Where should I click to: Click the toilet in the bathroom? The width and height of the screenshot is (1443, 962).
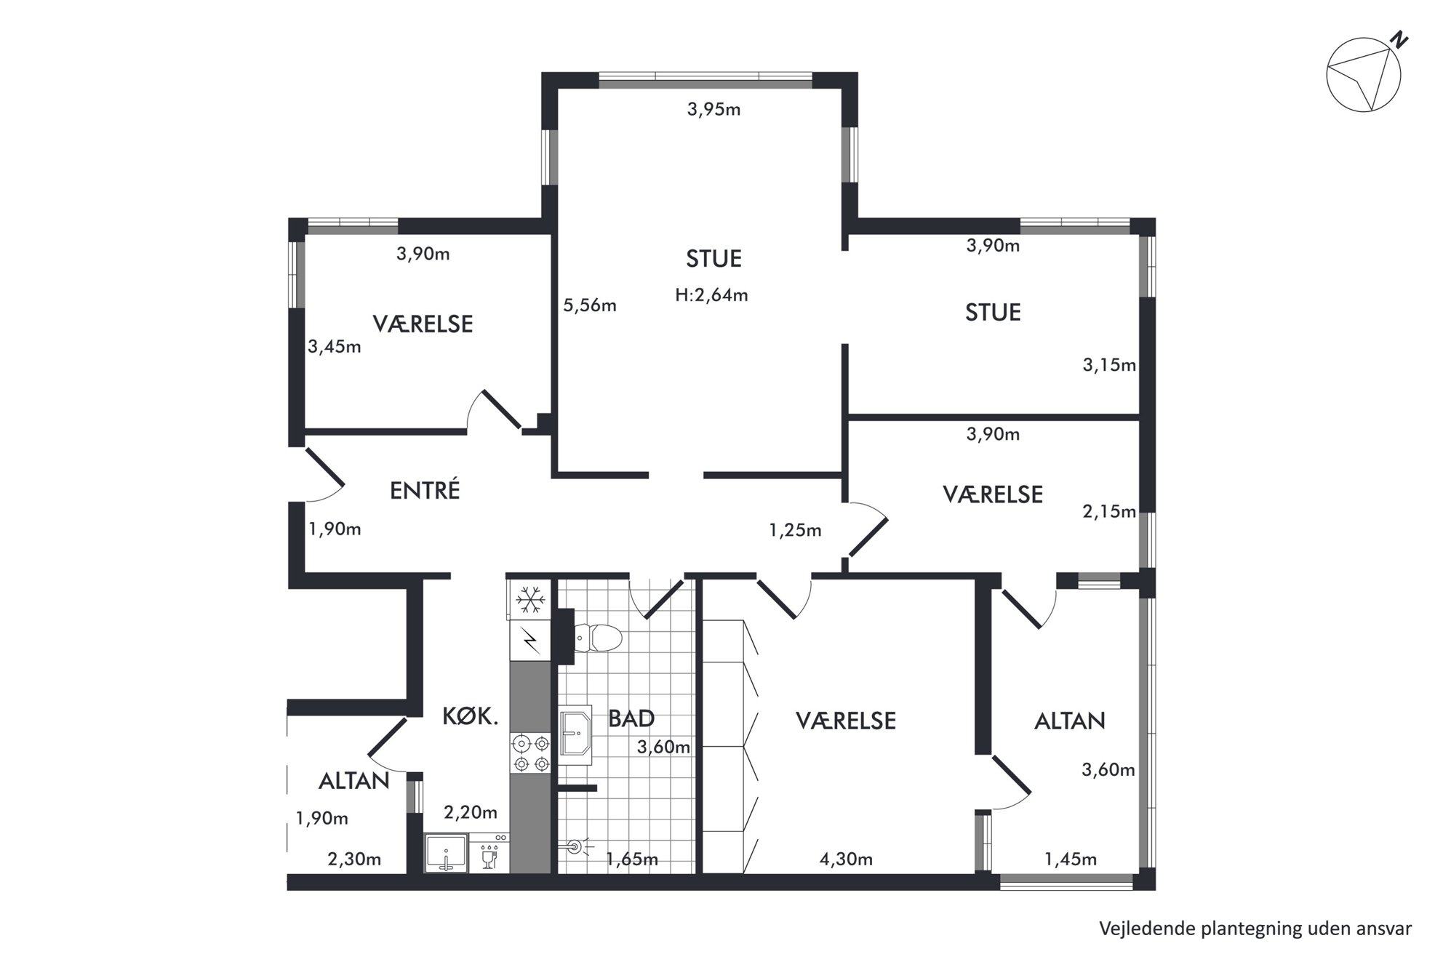click(598, 638)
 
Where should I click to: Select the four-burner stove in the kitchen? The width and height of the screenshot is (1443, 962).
click(531, 753)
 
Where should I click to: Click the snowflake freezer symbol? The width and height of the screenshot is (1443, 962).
click(530, 600)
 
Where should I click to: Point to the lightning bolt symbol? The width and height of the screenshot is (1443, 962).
click(531, 641)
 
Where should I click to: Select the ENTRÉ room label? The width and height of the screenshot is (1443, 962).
click(425, 491)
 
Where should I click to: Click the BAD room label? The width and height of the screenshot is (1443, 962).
click(631, 719)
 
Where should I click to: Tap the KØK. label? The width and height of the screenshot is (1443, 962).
click(471, 717)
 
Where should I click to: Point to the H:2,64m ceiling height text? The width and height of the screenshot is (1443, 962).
click(711, 295)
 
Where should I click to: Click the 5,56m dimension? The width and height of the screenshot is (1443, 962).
click(590, 305)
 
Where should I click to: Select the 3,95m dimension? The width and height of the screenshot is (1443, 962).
click(713, 110)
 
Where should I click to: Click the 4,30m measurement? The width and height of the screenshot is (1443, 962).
click(846, 859)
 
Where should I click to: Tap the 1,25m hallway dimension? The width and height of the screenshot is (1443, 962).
click(795, 531)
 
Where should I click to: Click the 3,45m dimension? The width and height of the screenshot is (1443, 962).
click(335, 347)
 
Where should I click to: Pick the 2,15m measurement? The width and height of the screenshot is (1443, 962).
click(1109, 512)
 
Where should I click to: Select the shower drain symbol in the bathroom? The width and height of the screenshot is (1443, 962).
click(575, 846)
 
